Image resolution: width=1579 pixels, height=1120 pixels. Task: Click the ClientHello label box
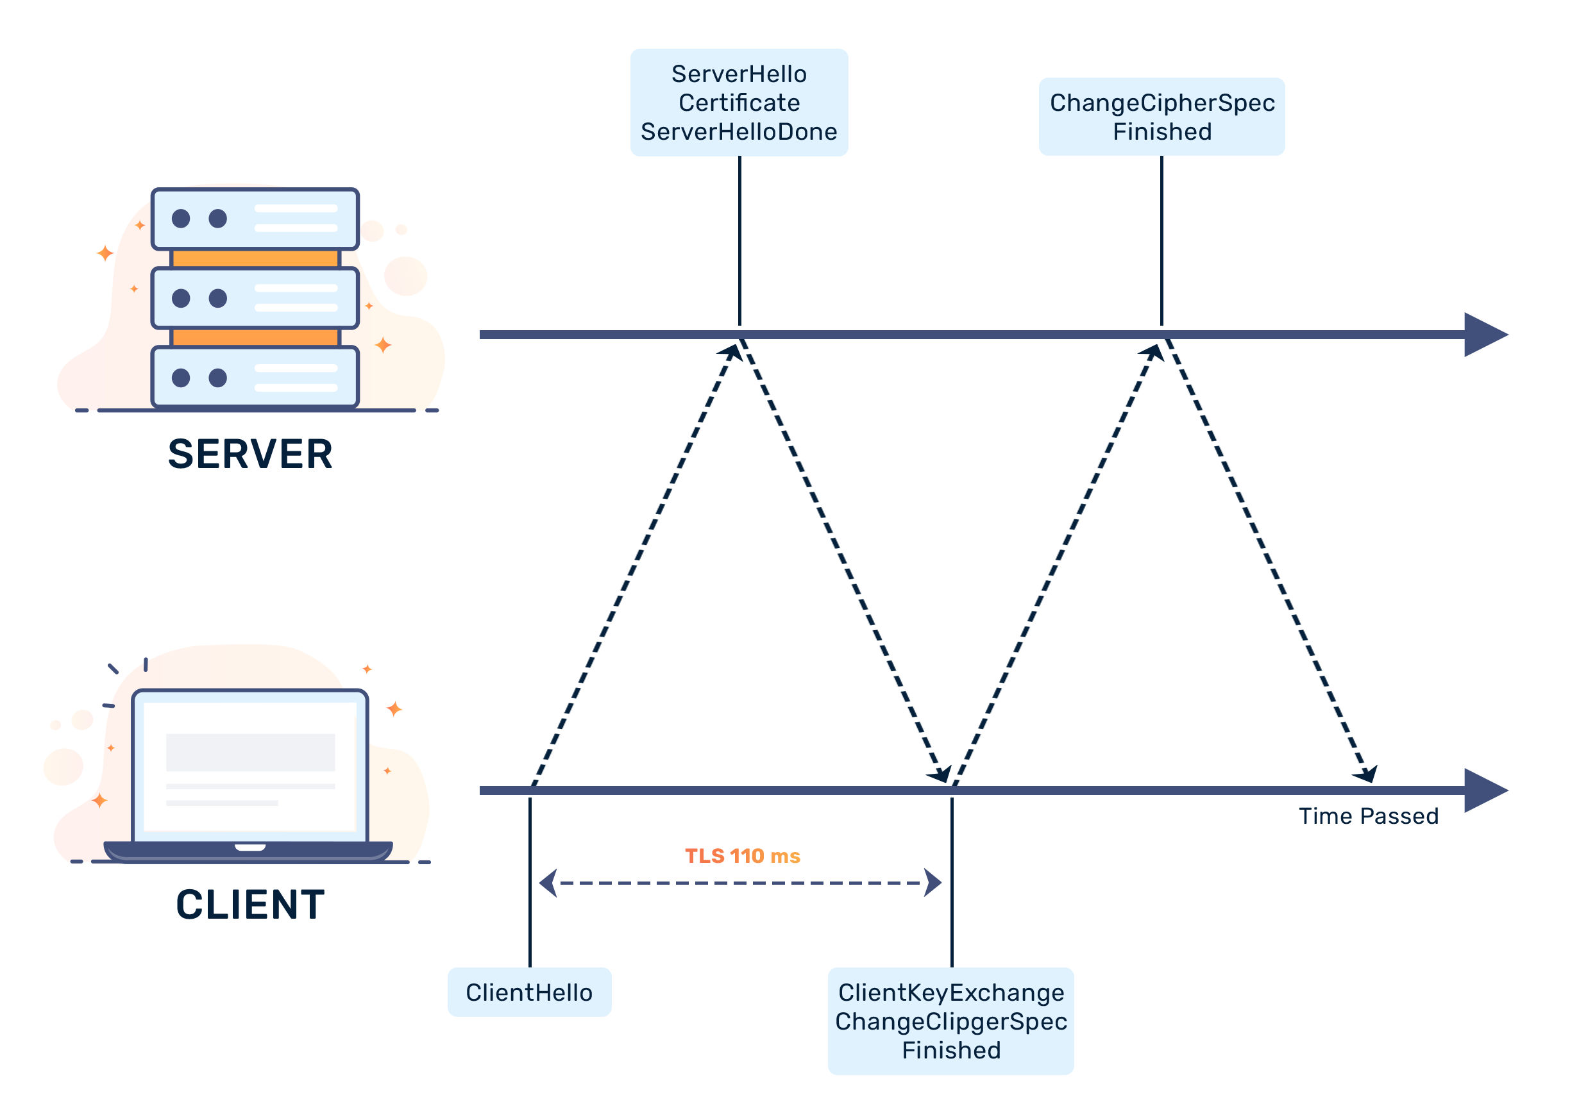click(528, 992)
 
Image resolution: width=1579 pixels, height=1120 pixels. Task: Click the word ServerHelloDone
click(739, 131)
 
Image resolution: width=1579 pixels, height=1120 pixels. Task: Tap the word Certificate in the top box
click(739, 103)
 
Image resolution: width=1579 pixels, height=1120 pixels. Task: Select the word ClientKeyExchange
click(950, 992)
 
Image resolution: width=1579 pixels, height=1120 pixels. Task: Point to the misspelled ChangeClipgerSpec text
click(950, 1021)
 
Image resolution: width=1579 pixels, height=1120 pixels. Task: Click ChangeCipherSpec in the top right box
click(1161, 103)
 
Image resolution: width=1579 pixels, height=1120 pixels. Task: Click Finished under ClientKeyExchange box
click(950, 1049)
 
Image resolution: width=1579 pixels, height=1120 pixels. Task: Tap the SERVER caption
click(250, 453)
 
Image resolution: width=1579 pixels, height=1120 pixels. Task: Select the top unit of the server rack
click(255, 219)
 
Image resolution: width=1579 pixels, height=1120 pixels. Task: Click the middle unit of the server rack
click(255, 298)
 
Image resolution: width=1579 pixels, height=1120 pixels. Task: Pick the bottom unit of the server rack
click(255, 377)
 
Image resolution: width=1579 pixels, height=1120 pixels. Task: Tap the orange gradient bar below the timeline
click(742, 855)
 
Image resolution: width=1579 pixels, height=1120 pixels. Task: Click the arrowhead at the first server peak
click(731, 352)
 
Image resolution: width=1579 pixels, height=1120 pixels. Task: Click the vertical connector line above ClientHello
click(530, 883)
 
